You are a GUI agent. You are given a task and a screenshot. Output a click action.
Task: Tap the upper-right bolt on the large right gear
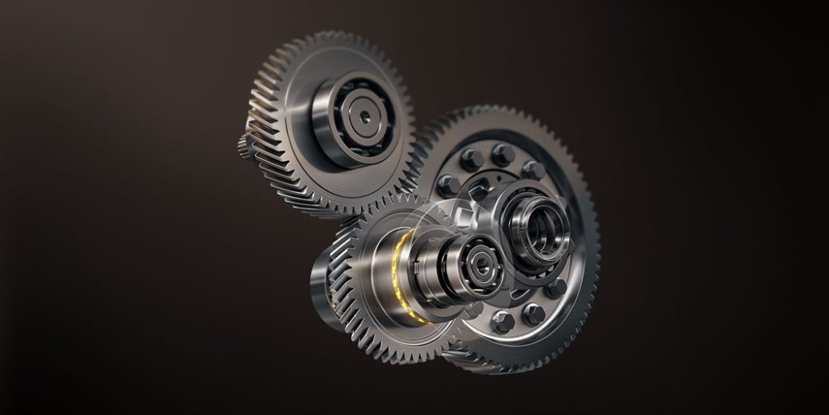534,169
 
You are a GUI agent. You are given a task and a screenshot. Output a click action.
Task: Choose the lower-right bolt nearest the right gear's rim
555,288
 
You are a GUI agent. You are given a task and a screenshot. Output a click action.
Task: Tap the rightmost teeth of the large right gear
595,235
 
